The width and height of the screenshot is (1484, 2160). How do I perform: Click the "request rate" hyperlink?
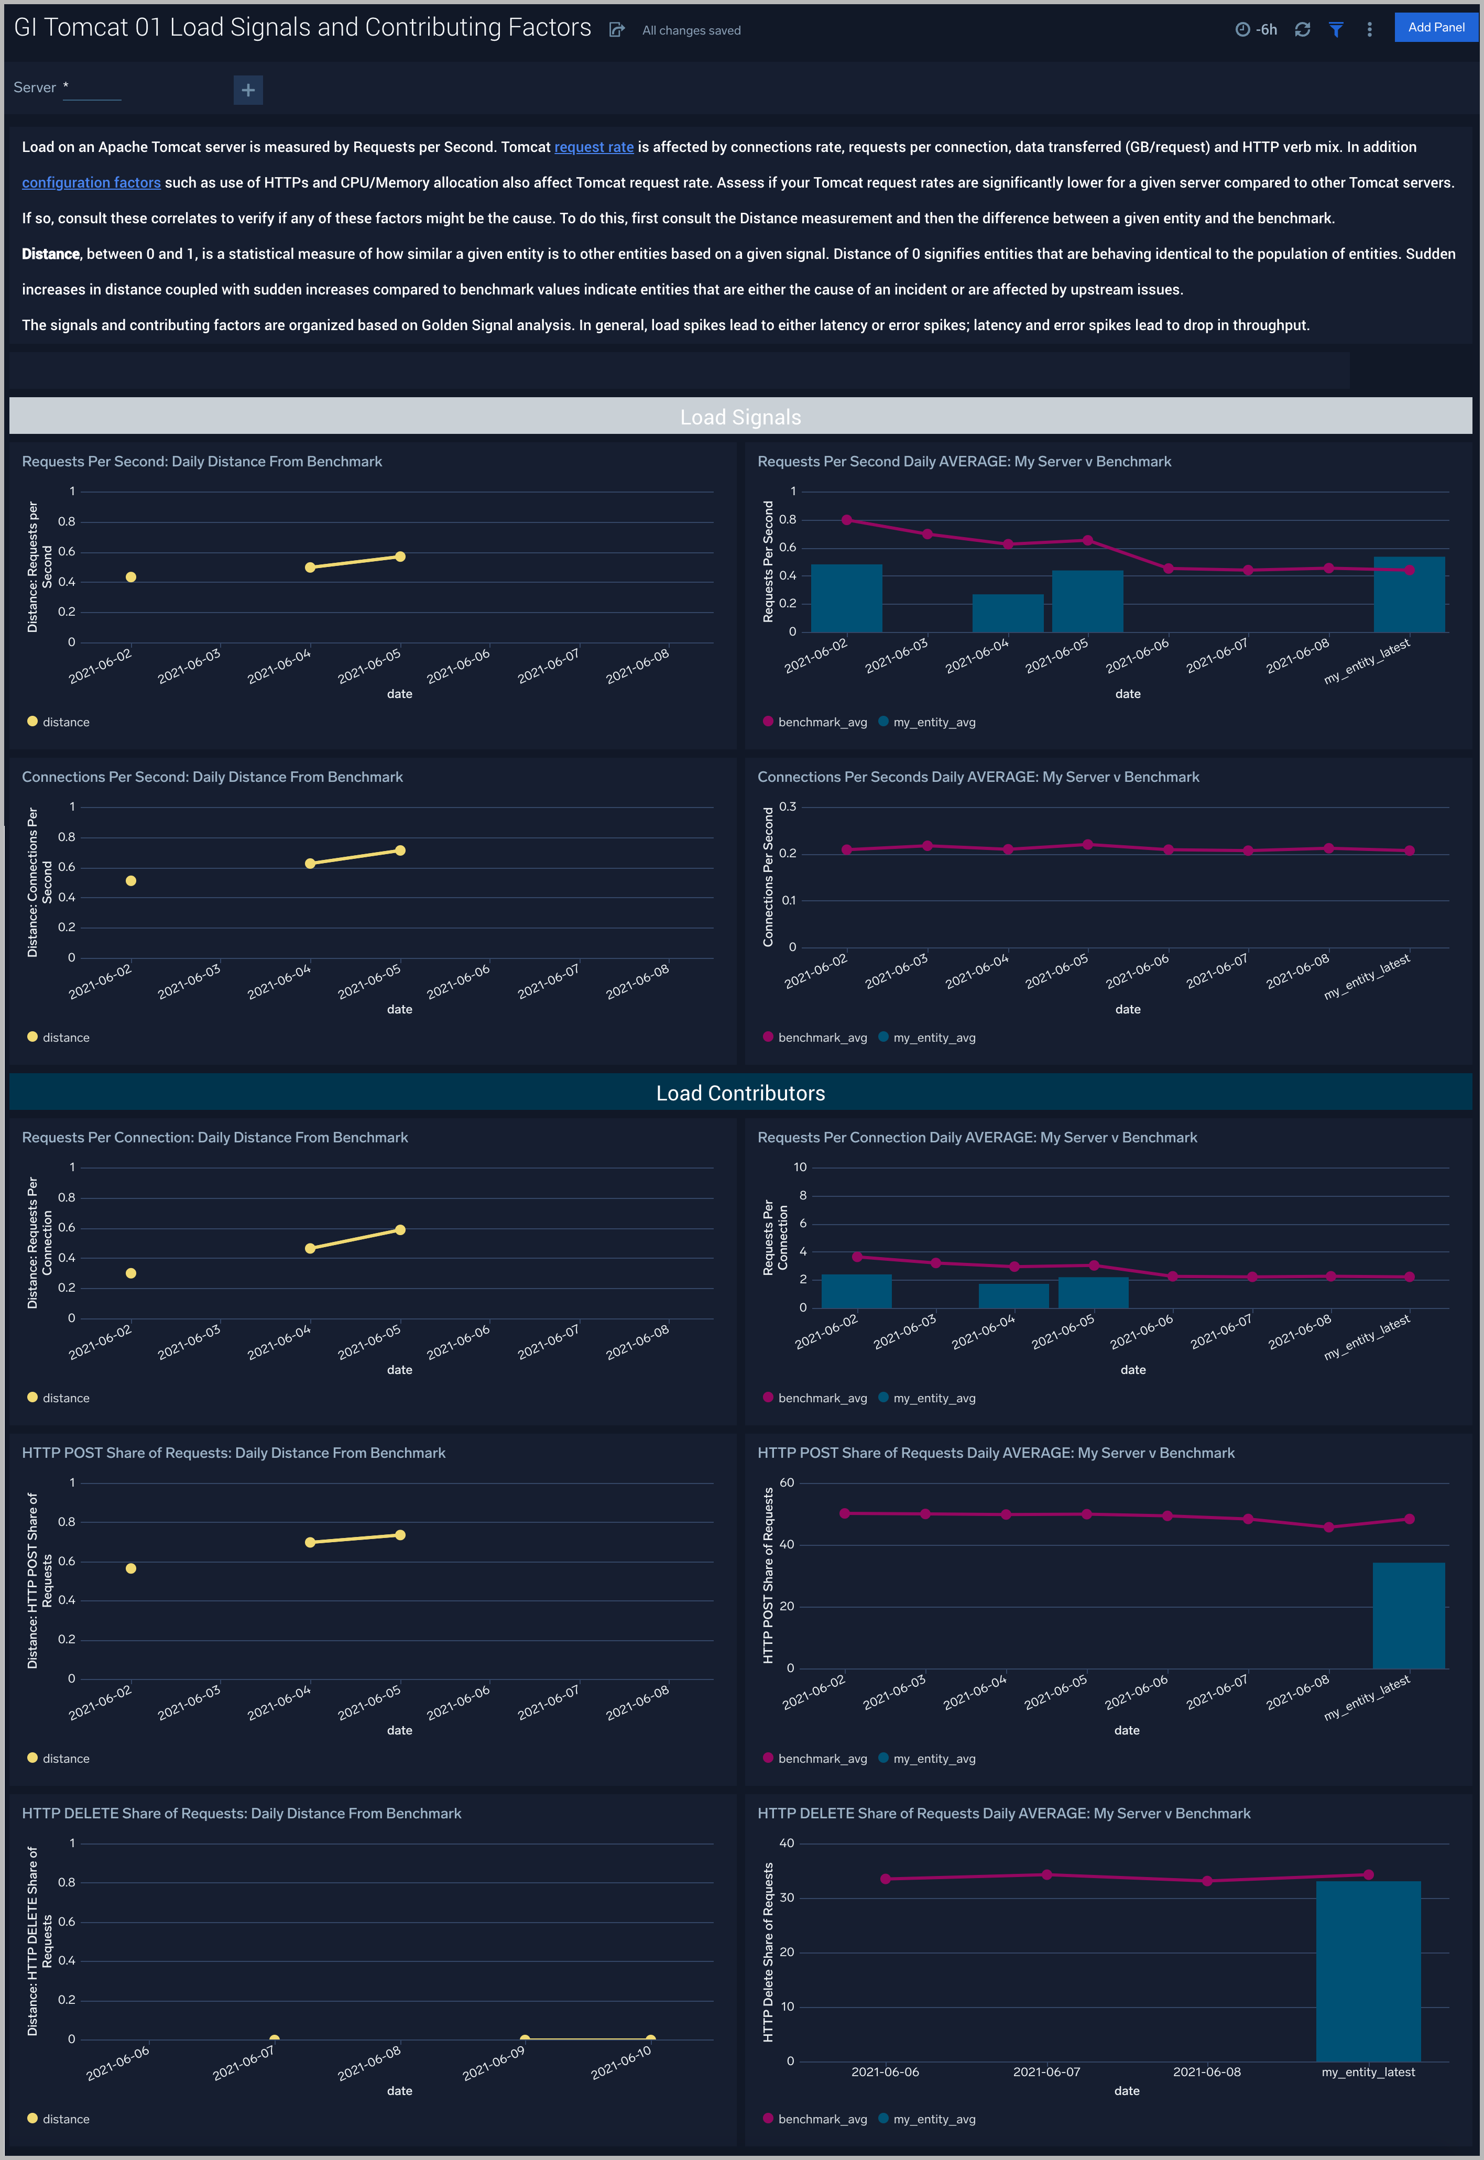click(593, 147)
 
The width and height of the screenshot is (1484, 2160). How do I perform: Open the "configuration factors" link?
click(91, 182)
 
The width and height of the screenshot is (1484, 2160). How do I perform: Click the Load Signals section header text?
click(740, 418)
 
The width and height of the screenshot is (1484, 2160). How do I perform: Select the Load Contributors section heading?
click(740, 1094)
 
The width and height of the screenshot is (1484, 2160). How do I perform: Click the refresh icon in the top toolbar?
click(1302, 30)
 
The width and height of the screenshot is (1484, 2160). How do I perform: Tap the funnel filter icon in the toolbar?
click(1335, 30)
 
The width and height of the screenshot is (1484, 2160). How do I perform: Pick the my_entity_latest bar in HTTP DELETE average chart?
click(1368, 1971)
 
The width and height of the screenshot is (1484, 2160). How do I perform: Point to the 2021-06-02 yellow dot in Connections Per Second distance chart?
click(131, 880)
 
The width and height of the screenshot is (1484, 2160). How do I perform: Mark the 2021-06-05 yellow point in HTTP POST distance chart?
click(400, 1535)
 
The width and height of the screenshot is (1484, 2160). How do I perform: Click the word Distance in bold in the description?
click(50, 254)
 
